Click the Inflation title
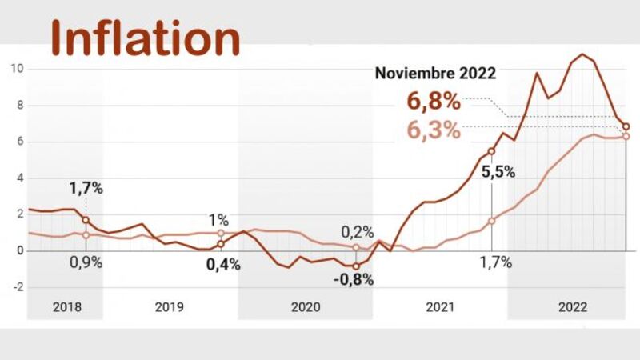coord(146,38)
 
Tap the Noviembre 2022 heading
coord(435,73)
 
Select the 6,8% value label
coord(433,102)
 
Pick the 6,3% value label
coord(434,130)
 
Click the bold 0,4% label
coord(223,265)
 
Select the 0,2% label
coord(358,231)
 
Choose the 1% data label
coord(218,220)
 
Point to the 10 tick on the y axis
coord(15,69)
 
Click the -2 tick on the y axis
coord(15,286)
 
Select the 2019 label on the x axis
coord(170,307)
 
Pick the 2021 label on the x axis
coord(440,307)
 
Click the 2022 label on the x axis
coord(573,307)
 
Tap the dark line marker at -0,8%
coord(356,266)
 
